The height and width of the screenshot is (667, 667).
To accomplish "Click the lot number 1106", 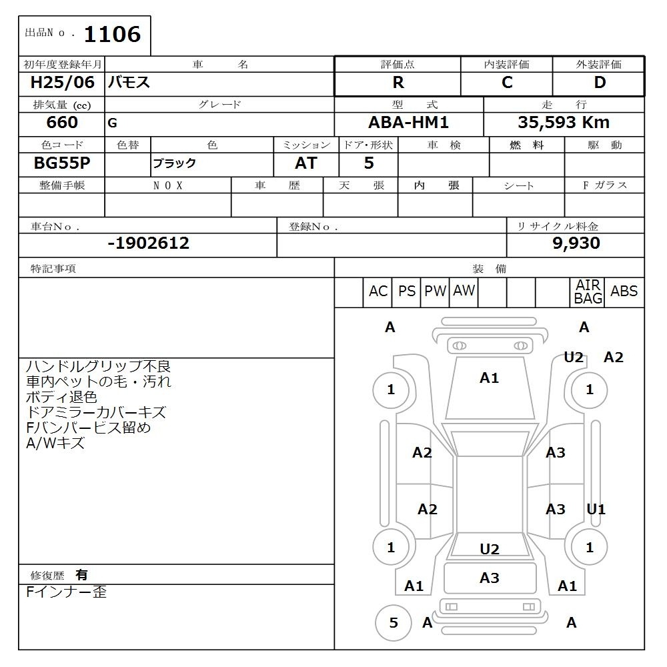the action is [112, 35].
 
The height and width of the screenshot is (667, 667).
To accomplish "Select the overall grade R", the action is [398, 83].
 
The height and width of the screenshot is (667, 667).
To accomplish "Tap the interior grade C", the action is [507, 83].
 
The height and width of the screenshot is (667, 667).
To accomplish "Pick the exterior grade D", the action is [600, 83].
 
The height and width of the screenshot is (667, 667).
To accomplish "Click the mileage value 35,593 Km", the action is [564, 123].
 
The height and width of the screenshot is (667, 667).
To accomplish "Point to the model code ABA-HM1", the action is [408, 123].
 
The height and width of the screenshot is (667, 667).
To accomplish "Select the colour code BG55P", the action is [62, 163].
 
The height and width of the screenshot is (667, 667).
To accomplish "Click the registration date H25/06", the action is [62, 83].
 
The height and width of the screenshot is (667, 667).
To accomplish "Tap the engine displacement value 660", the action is [62, 123].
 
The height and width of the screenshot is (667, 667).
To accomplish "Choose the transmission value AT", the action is [306, 163].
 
